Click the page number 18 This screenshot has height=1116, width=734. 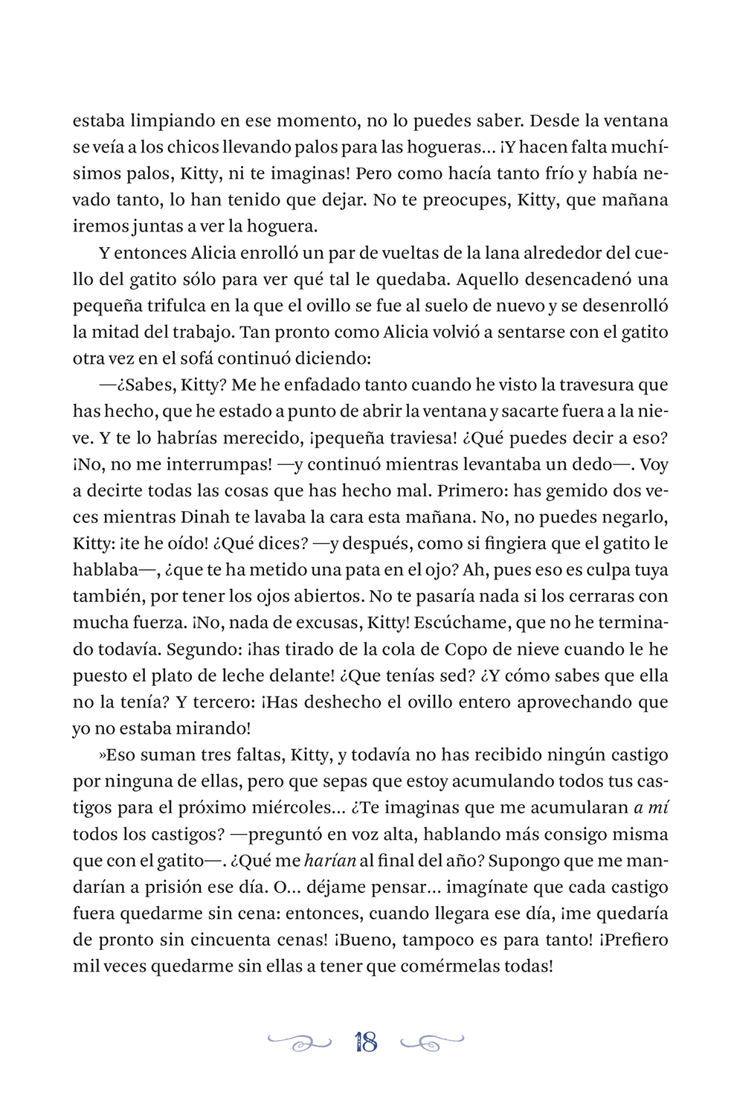[366, 1042]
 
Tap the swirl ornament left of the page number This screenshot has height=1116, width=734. [300, 1042]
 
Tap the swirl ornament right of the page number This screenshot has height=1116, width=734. [432, 1042]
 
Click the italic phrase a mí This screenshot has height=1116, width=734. [651, 808]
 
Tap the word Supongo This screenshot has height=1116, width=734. [525, 862]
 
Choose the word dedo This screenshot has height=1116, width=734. [590, 464]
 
